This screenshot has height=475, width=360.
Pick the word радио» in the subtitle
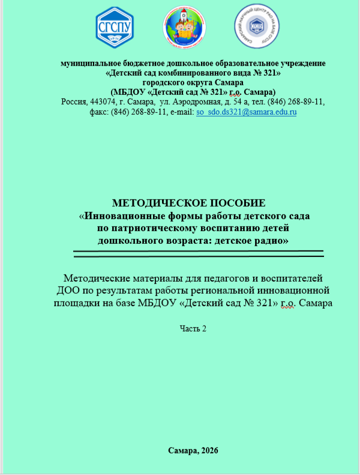pyautogui.click(x=268, y=240)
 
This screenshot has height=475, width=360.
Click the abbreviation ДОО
pyautogui.click(x=59, y=290)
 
